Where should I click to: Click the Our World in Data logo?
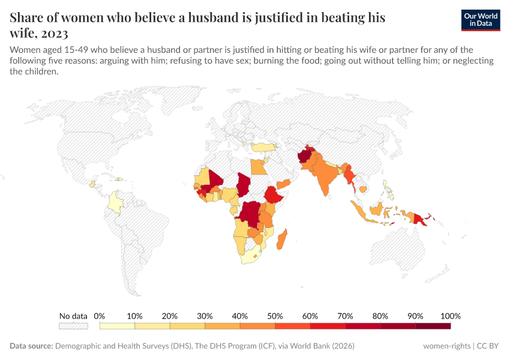(481, 20)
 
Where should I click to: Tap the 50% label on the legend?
(275, 316)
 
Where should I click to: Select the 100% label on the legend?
(450, 316)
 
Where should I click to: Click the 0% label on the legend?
(100, 316)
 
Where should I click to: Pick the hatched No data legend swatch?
(73, 326)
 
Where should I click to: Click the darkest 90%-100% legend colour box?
(433, 326)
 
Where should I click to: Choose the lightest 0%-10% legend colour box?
(117, 326)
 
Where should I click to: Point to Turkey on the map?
(265, 147)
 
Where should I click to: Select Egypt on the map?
(258, 166)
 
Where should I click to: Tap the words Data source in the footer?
(31, 346)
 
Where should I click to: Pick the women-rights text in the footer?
(446, 346)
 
